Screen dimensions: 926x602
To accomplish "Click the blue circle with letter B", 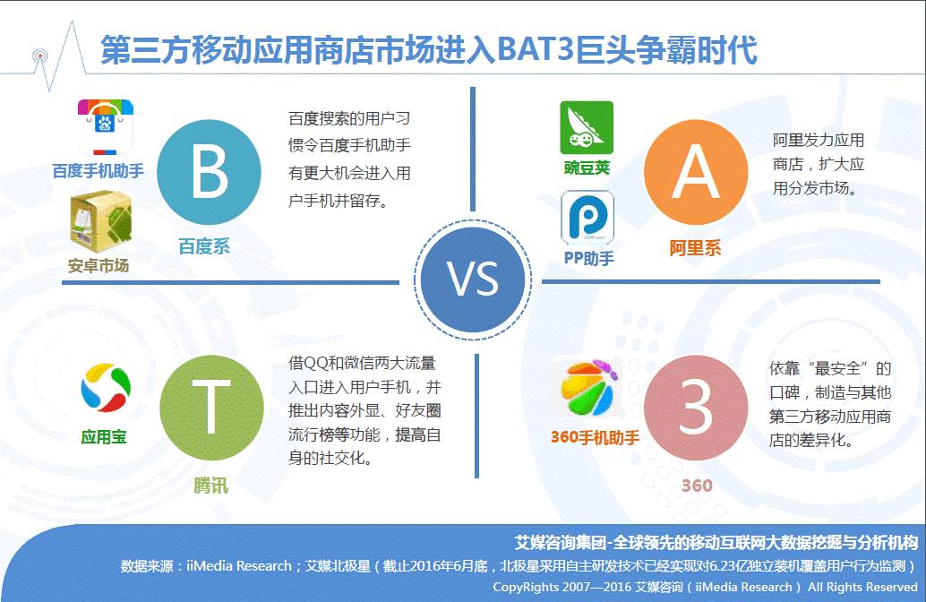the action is coord(209,173).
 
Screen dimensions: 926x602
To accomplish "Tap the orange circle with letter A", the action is coord(696,173).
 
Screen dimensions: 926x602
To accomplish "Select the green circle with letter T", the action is coord(211,408).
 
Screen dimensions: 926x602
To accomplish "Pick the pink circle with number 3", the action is coord(696,408).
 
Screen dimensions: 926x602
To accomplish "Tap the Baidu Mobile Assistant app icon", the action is coord(106,127).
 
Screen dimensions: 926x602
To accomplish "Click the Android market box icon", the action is coord(100,221).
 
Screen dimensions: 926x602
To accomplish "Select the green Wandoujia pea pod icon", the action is coord(587,127).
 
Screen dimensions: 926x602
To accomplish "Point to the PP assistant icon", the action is coord(587,217).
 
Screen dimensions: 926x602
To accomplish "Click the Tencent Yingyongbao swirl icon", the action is coord(105,388).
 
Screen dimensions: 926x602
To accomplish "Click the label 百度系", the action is coord(204,246).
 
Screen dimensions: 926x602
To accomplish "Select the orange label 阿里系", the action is coord(695,248).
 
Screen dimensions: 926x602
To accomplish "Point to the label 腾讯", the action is coord(210,486).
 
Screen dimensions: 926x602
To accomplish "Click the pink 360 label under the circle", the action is coord(697,486).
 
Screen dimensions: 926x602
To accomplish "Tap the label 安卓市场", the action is coord(99,266).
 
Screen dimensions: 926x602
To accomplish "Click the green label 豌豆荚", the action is coord(587,168).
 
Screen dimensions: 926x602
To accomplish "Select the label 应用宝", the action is coord(104,437).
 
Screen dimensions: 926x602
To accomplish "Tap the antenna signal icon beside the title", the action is coord(39,56).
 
